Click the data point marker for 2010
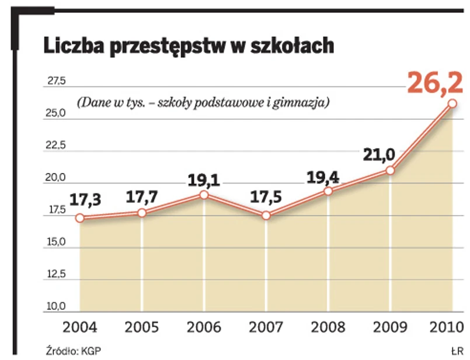[452, 103]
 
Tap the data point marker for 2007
[266, 215]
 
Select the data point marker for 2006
[204, 194]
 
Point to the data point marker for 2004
[80, 218]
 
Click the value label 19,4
[325, 175]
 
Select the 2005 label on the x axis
[142, 327]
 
